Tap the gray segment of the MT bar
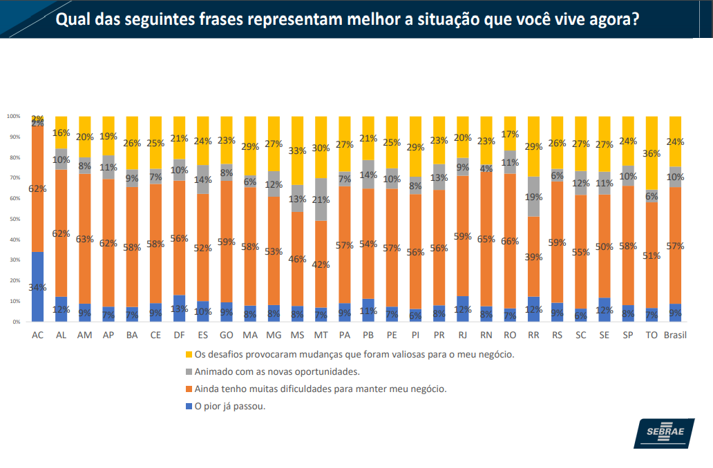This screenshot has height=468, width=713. click(x=321, y=199)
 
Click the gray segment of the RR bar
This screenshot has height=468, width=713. click(x=533, y=197)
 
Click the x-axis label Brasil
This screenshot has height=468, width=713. click(x=674, y=335)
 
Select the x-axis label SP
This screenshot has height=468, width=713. click(x=628, y=335)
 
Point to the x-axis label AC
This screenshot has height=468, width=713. click(x=37, y=335)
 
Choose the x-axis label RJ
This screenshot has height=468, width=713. click(x=462, y=335)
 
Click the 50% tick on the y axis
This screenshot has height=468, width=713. click(x=13, y=220)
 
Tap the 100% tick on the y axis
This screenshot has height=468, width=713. click(x=13, y=116)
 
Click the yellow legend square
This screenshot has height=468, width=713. click(x=187, y=355)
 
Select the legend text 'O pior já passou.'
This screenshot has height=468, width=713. click(x=231, y=406)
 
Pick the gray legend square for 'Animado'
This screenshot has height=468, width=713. click(x=187, y=372)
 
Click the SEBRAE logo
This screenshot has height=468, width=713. click(x=664, y=433)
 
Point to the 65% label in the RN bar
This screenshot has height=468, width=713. click(x=486, y=240)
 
